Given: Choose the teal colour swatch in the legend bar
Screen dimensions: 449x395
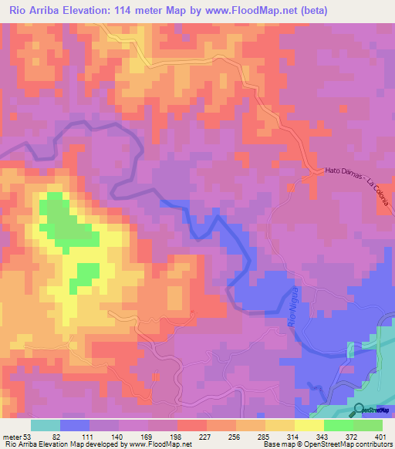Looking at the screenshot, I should (46, 425).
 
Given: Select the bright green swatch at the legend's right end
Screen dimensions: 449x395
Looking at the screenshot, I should (368, 425).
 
